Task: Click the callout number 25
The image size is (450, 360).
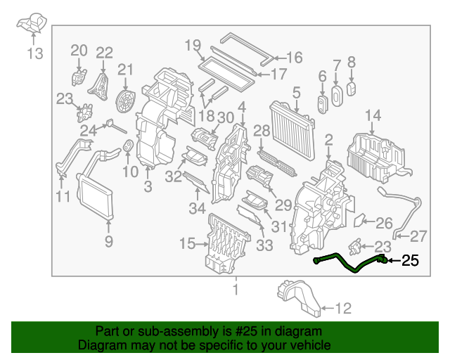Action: coord(409,262)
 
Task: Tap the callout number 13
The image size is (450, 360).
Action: coord(34,53)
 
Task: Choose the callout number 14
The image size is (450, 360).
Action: coord(373,115)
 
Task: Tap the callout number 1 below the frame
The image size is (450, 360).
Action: coord(236,289)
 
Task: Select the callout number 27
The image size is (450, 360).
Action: coord(418,236)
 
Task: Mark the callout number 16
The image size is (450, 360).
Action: coord(293,58)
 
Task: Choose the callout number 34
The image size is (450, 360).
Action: coord(198,207)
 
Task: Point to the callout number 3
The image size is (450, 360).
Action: coord(148,186)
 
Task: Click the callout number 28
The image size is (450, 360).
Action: coord(262,131)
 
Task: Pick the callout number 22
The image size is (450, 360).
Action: coord(104,52)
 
